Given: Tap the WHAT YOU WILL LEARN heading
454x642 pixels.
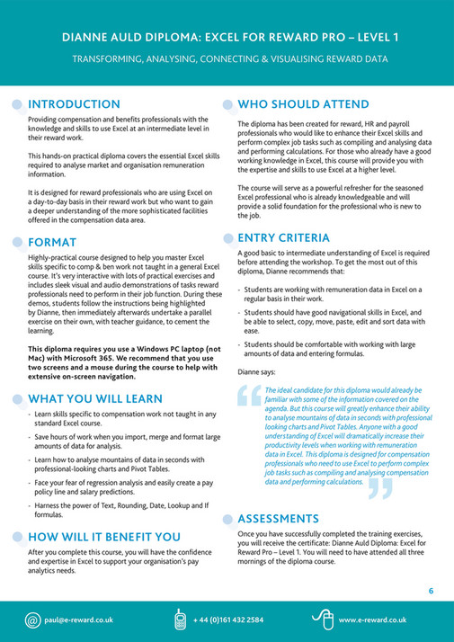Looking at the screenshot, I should coord(95,398).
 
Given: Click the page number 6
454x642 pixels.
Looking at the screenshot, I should coord(432,591).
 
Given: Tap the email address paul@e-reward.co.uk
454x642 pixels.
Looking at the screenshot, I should coord(82,620).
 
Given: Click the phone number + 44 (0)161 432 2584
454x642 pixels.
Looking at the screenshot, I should coord(228,620).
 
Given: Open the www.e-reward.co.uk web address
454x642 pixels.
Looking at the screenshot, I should coord(373,620).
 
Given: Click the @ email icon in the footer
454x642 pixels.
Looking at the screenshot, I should coord(33,620).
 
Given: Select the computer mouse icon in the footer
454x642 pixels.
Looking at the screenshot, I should coord(323,619).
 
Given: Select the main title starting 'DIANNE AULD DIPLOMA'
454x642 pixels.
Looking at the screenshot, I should coord(226,37).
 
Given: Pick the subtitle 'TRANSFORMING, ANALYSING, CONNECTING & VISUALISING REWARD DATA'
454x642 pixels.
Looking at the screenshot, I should coord(226,59).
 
